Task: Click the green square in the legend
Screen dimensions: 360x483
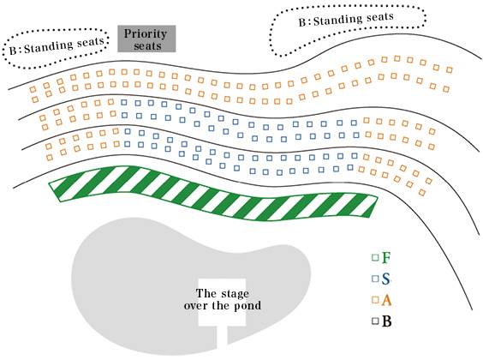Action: pyautogui.click(x=375, y=257)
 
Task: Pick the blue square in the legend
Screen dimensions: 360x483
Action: pyautogui.click(x=375, y=279)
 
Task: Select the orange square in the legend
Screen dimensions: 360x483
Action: pyautogui.click(x=375, y=300)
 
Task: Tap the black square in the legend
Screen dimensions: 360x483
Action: pyautogui.click(x=375, y=321)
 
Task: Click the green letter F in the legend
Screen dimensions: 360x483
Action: pyautogui.click(x=387, y=257)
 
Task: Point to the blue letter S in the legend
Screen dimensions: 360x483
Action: pyautogui.click(x=387, y=279)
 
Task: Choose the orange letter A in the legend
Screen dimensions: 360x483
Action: pyautogui.click(x=387, y=300)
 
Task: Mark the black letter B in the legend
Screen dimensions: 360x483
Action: pyautogui.click(x=387, y=321)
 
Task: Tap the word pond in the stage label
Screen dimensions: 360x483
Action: pyautogui.click(x=248, y=305)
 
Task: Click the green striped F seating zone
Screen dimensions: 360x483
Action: pyautogui.click(x=214, y=192)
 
